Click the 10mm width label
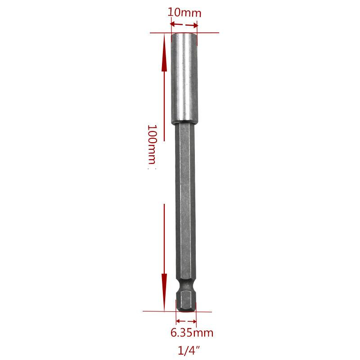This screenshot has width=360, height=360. pyautogui.click(x=184, y=13)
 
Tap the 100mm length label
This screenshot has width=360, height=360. pyautogui.click(x=152, y=144)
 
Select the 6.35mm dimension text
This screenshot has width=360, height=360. pyautogui.click(x=192, y=333)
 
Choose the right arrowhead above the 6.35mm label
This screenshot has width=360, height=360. pyautogui.click(x=194, y=321)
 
